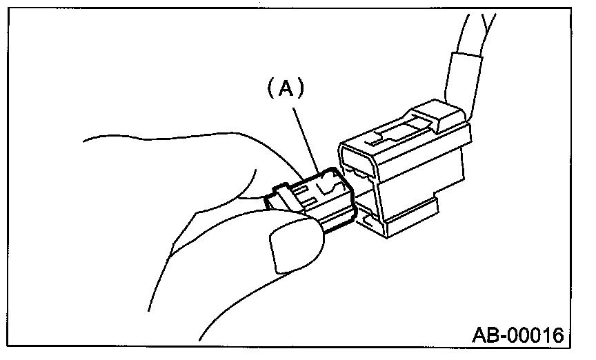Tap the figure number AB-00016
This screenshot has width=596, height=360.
[x=517, y=336]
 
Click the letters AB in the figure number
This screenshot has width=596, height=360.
[x=486, y=336]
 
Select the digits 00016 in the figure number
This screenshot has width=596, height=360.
[x=537, y=336]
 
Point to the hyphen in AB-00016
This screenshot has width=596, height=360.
[x=506, y=337]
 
